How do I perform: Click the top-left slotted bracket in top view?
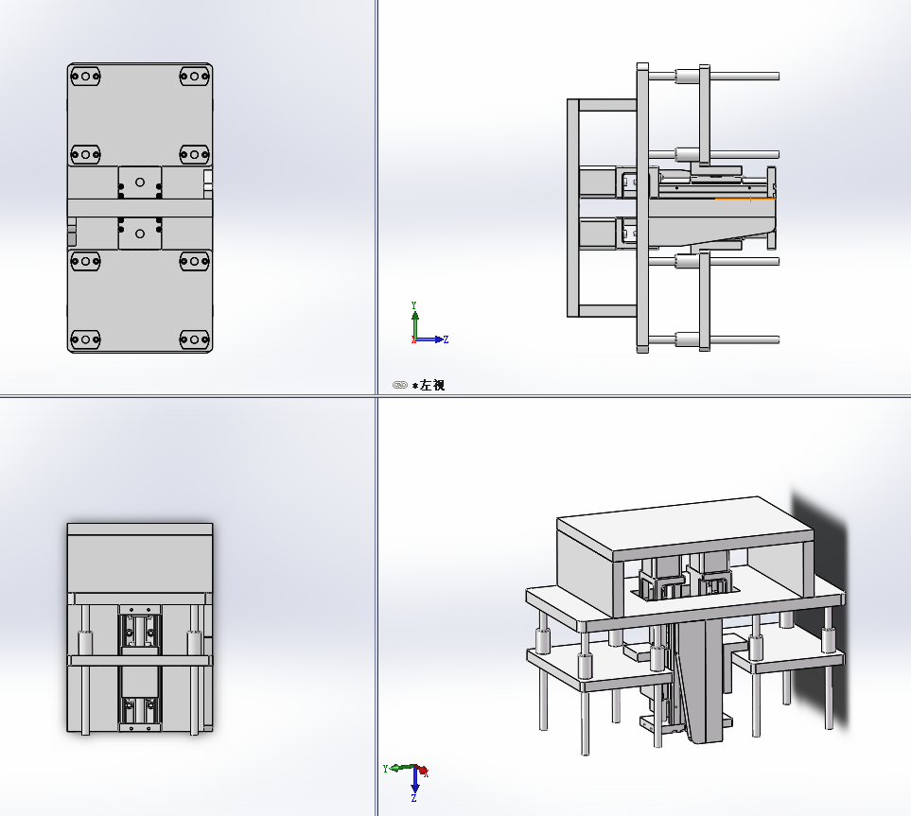(x=85, y=76)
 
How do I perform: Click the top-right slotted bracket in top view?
(x=195, y=76)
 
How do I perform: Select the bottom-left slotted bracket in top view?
(x=85, y=339)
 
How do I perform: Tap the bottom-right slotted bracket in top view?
(x=195, y=339)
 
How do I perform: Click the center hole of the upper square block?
(x=139, y=182)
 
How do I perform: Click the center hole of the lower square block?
(x=139, y=234)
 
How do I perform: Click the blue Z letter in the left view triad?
(x=446, y=339)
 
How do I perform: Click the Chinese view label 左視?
(x=432, y=385)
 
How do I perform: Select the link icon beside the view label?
(x=400, y=385)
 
